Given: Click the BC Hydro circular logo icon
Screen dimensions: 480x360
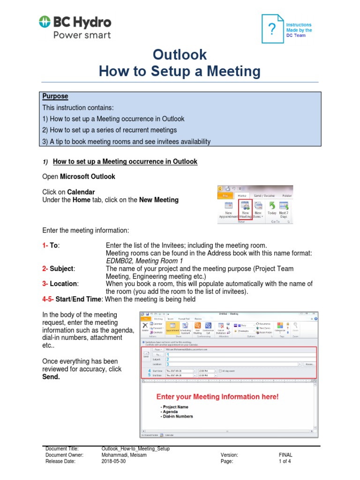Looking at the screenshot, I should pyautogui.click(x=45, y=22).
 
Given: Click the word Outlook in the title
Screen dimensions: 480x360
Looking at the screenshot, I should pyautogui.click(x=180, y=54).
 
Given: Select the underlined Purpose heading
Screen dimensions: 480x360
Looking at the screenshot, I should pyautogui.click(x=55, y=96).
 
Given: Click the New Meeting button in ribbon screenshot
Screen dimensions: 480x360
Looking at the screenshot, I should pyautogui.click(x=246, y=209).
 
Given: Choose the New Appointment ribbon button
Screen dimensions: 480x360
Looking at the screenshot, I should pyautogui.click(x=229, y=209).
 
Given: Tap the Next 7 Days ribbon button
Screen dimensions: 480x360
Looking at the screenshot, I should pyautogui.click(x=284, y=209).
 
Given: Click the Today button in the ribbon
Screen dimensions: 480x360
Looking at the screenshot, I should pyautogui.click(x=272, y=209).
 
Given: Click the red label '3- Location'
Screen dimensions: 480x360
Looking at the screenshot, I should pyautogui.click(x=60, y=284).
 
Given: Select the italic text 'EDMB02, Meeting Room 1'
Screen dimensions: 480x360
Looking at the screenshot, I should pyautogui.click(x=144, y=261).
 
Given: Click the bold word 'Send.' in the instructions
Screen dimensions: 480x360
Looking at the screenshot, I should pyautogui.click(x=51, y=377).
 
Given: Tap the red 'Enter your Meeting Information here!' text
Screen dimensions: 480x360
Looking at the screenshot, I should pyautogui.click(x=217, y=397).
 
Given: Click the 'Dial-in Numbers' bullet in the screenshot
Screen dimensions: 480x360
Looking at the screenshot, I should pyautogui.click(x=177, y=416).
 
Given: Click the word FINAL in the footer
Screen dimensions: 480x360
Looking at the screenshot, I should pyautogui.click(x=285, y=455).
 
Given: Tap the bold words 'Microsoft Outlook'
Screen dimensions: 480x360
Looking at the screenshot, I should pyautogui.click(x=88, y=177).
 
